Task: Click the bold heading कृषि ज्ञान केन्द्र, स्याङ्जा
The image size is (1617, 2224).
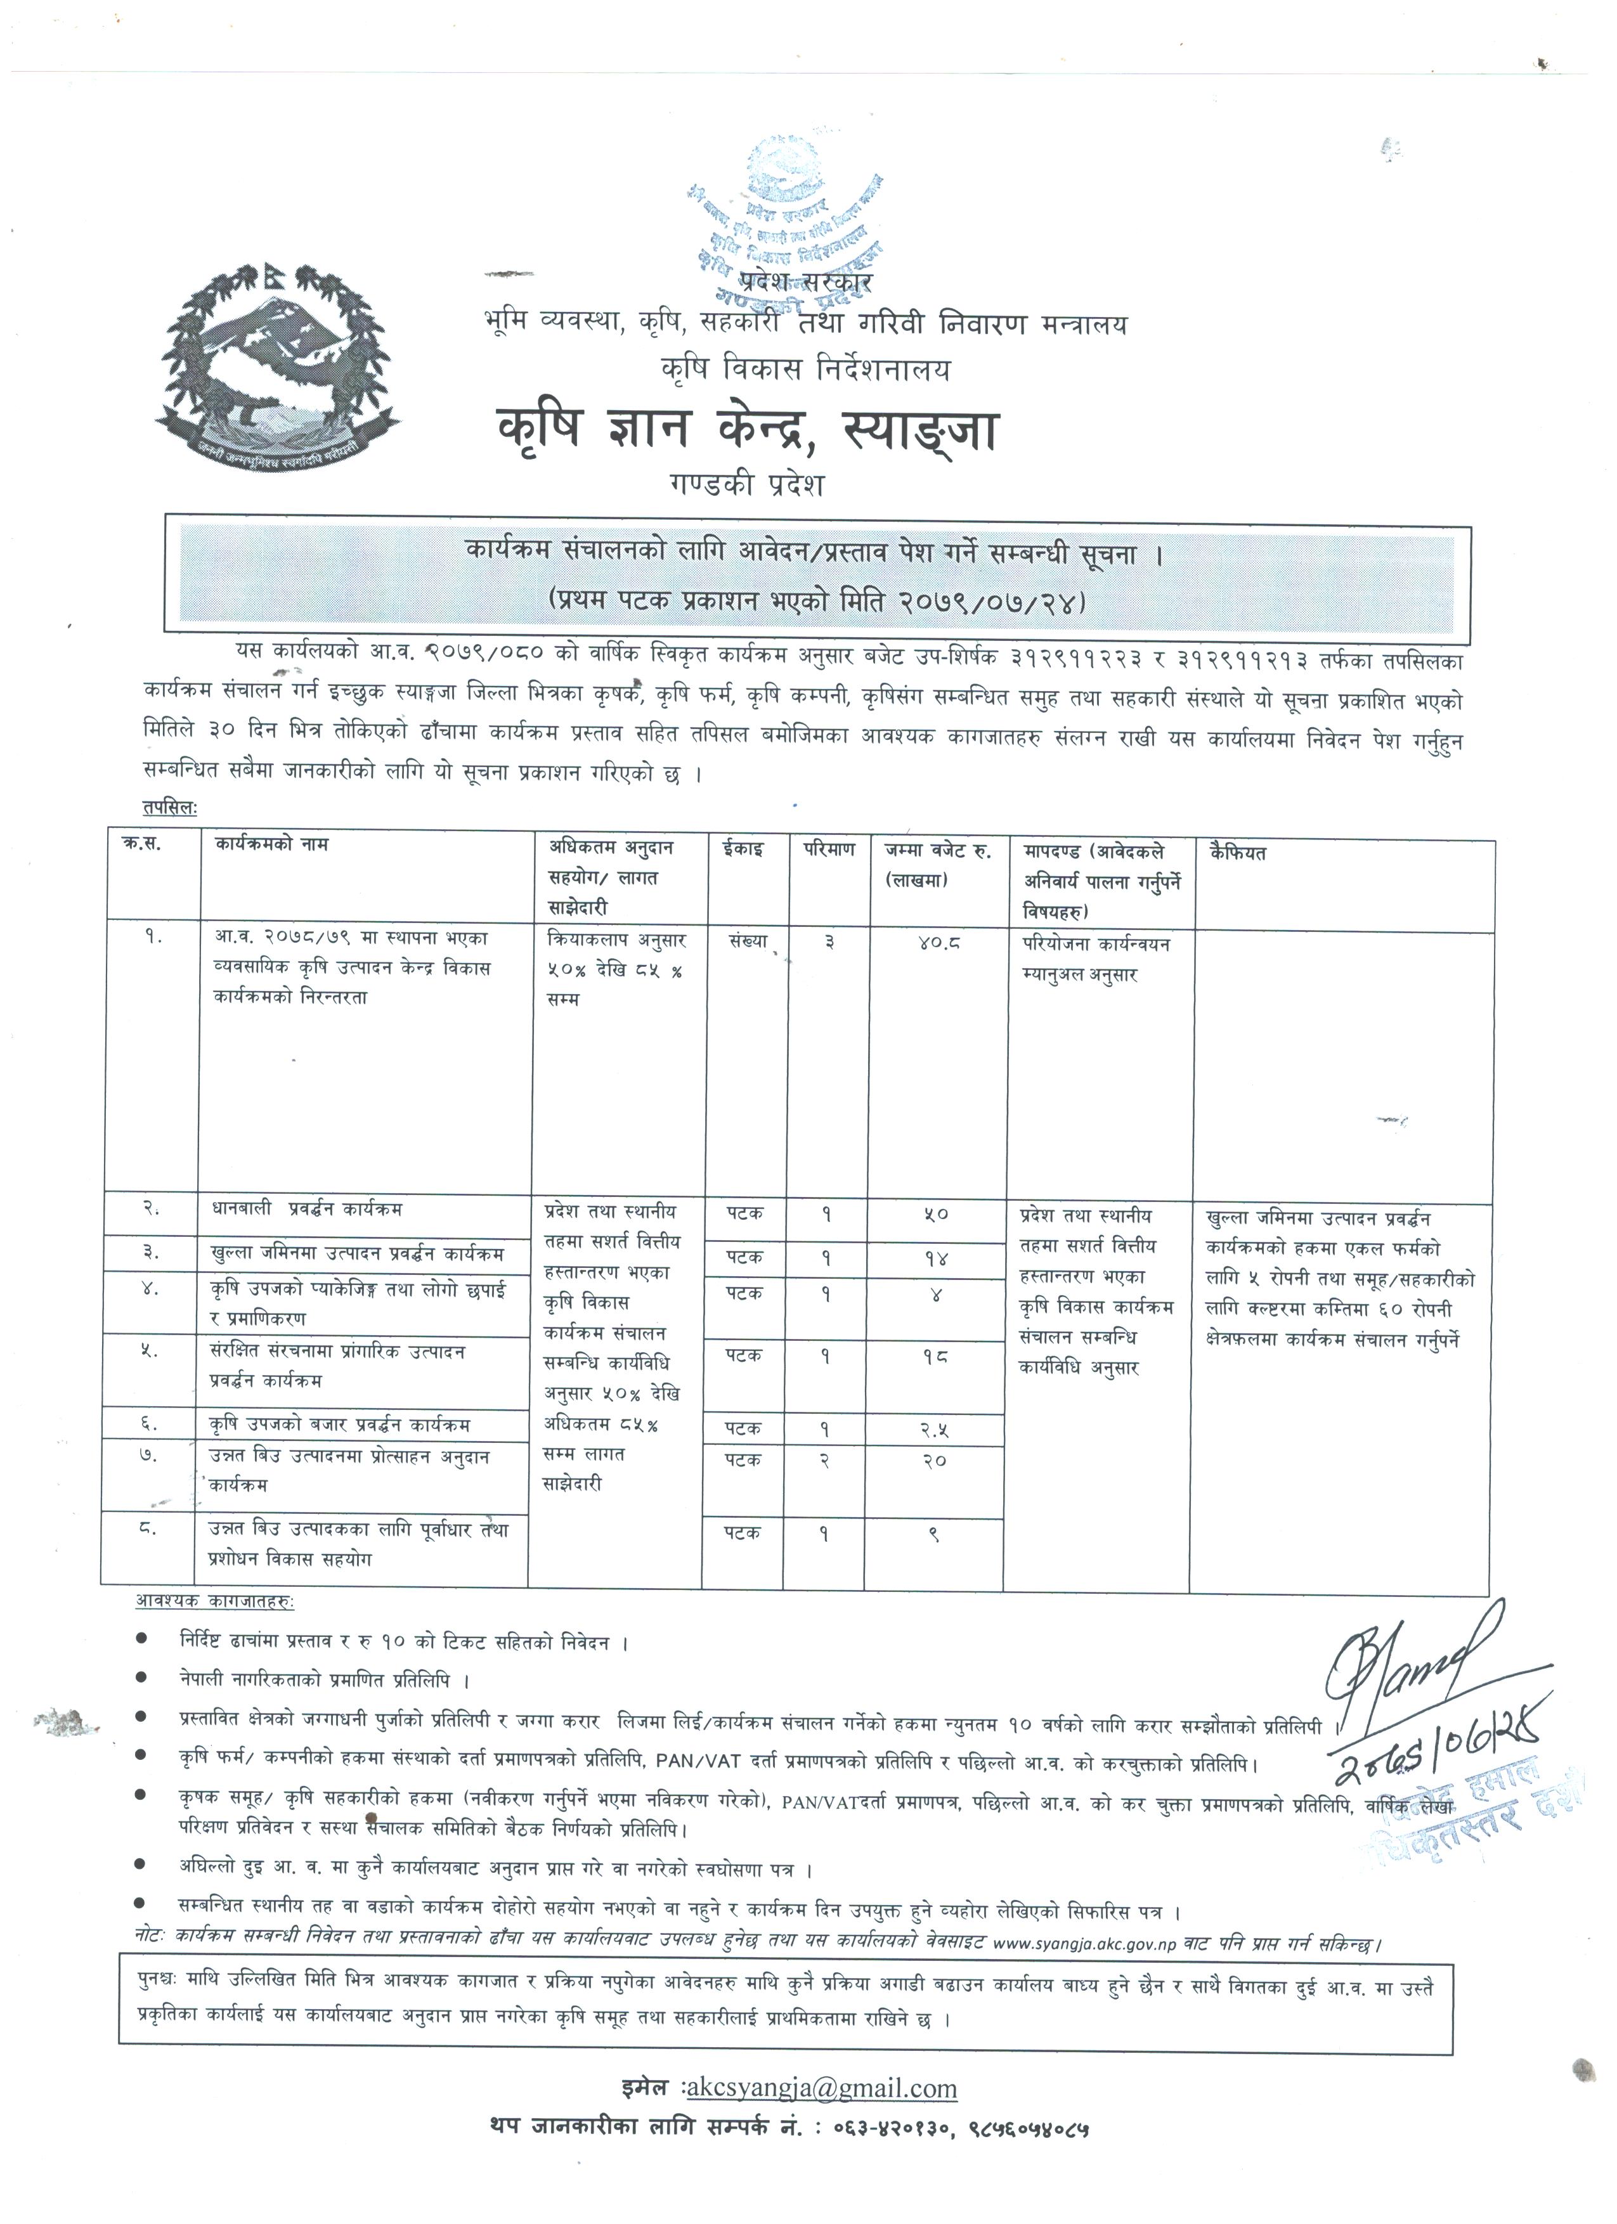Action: (746, 429)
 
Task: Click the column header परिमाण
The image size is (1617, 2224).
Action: (829, 848)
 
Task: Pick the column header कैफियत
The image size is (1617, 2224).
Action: (1238, 853)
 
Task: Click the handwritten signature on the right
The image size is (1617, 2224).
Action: (1413, 1663)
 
